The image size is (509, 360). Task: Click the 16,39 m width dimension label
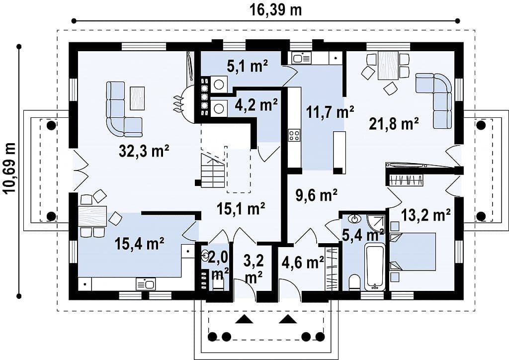point(275,9)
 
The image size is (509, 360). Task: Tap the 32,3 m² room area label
point(144,151)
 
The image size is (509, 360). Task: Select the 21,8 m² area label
point(394,124)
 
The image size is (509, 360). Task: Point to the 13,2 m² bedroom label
point(425,215)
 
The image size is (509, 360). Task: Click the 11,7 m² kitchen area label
point(330,112)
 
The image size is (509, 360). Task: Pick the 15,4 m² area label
point(139,244)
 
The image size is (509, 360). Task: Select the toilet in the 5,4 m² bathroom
point(353,282)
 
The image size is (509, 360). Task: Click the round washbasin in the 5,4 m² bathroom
point(354,218)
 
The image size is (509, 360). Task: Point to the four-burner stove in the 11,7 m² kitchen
point(294,135)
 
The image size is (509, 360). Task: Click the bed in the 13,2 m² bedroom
point(413,252)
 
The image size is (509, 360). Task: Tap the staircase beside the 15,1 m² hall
point(213,171)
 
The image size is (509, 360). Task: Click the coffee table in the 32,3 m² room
point(137,98)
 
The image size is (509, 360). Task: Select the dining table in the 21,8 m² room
point(388,65)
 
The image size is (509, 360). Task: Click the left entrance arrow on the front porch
point(244,319)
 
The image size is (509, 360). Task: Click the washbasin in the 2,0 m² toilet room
point(205,255)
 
